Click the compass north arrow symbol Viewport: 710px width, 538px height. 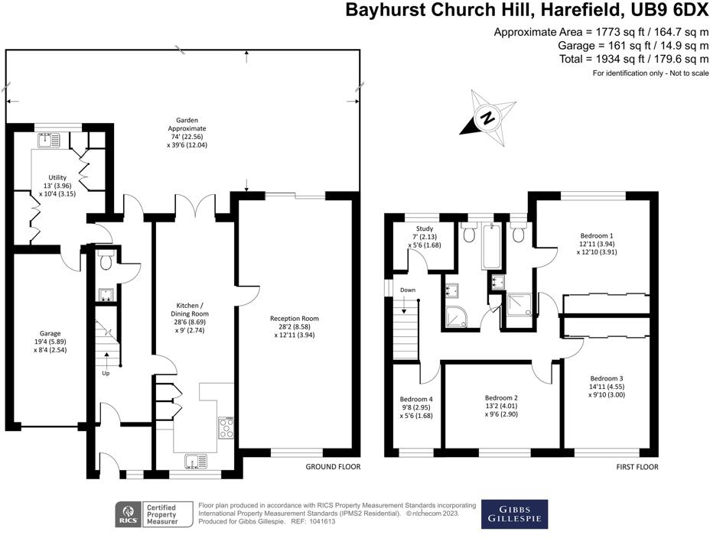click(486, 118)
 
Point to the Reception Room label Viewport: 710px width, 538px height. click(294, 326)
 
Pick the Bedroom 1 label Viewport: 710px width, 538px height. click(596, 244)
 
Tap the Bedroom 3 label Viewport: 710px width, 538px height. click(606, 387)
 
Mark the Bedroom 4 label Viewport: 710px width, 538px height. click(416, 407)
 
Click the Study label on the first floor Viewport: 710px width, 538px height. click(425, 236)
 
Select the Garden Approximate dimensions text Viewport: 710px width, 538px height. click(187, 132)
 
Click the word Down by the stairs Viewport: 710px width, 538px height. click(408, 290)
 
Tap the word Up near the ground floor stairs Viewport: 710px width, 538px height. click(106, 374)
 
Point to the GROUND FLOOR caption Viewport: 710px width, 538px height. click(333, 466)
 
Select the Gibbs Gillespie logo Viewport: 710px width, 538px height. click(513, 514)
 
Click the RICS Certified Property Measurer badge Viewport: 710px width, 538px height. click(146, 515)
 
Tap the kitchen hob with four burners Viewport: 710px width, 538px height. click(226, 428)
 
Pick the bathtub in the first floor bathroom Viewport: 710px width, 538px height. click(491, 246)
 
